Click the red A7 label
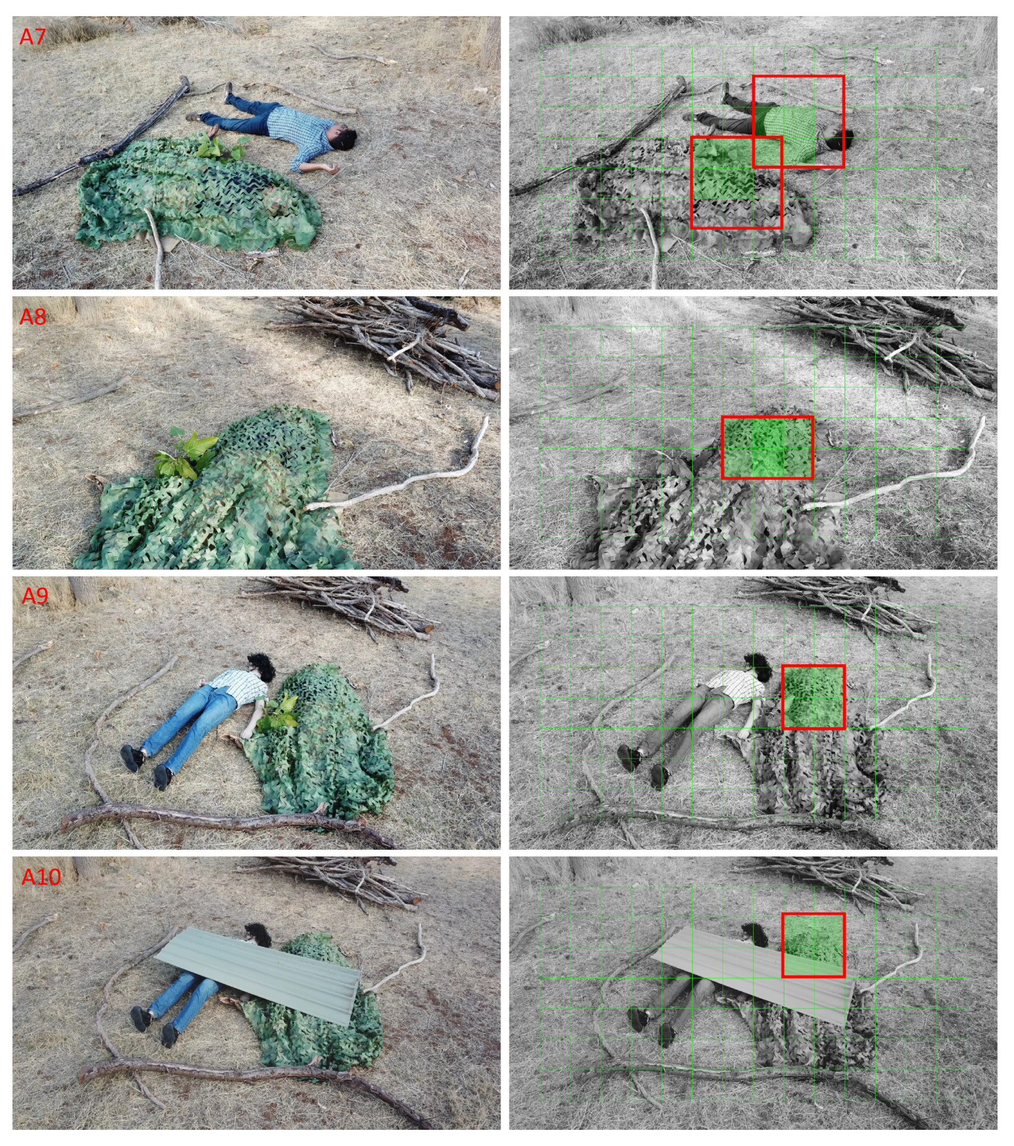[32, 37]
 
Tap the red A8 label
[32, 317]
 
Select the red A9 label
[35, 596]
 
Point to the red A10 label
[41, 877]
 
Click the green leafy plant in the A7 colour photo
[218, 145]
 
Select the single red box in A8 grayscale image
[767, 448]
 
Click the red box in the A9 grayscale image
[813, 697]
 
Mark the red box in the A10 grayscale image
[813, 946]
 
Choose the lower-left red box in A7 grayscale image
[736, 183]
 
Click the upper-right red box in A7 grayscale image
[799, 121]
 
